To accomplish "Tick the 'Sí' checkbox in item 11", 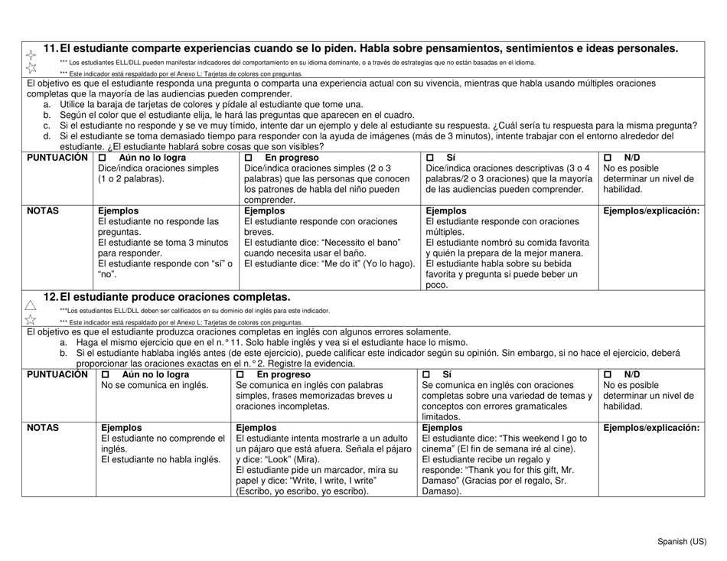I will click(x=431, y=158).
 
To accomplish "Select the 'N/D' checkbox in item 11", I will click(x=609, y=158).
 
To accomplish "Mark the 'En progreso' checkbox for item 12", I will click(x=241, y=374).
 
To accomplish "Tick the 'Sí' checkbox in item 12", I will click(x=427, y=374).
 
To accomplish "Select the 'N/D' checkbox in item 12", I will click(x=609, y=374).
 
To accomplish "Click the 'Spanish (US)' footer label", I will click(x=685, y=542).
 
